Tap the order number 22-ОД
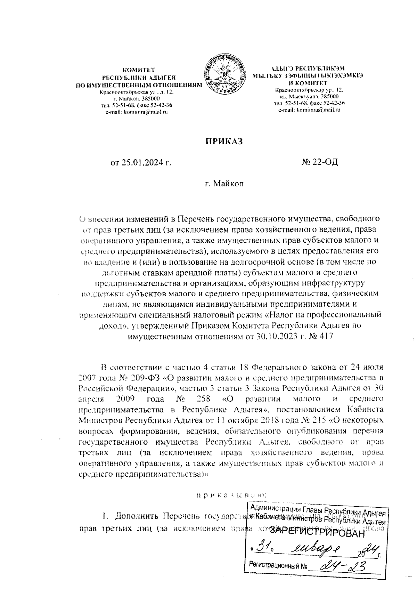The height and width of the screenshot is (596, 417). pos(324,162)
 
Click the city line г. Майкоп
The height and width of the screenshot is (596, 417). pos(223,183)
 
